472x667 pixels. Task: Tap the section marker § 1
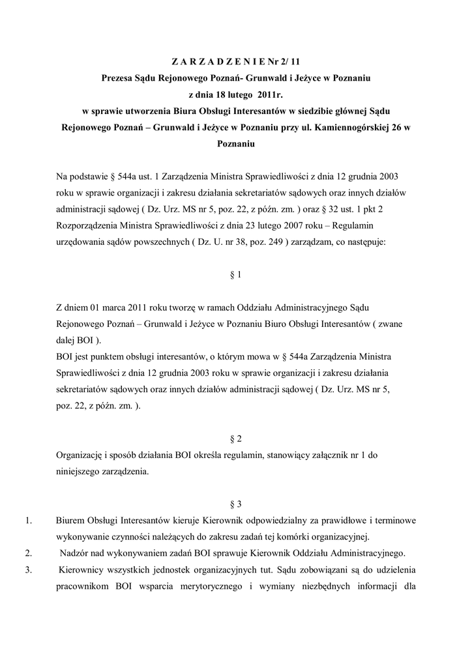236,275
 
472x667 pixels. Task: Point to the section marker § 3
236,505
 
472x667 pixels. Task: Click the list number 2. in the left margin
27,554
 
